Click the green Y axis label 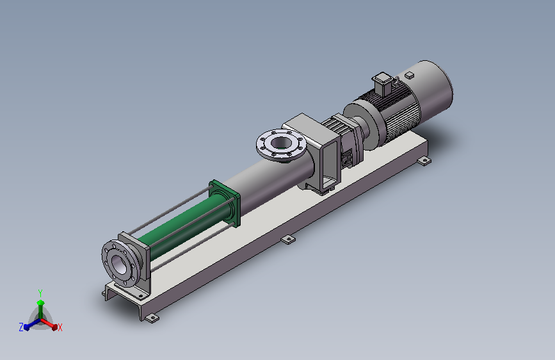pos(40,293)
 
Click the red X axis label pos(60,327)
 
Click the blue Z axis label pos(21,327)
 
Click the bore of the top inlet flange pos(282,143)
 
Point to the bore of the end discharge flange pos(119,264)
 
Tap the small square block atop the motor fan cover pos(410,75)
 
